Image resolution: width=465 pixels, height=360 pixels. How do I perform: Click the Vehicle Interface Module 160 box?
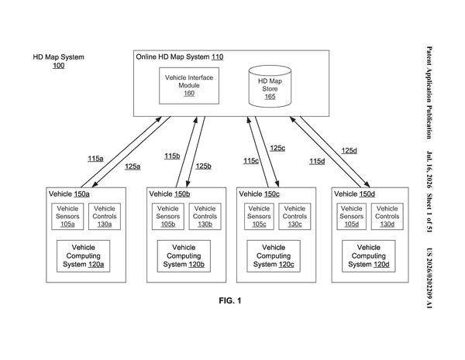coord(189,86)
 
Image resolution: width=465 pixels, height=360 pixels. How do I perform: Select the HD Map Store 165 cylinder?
coord(270,86)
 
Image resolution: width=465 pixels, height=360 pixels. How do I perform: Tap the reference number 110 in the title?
coord(217,57)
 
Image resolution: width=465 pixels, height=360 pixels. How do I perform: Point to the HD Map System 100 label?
coord(58,61)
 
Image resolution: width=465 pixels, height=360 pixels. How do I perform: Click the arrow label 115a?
coord(95,159)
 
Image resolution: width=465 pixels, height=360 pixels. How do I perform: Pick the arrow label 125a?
coord(133,166)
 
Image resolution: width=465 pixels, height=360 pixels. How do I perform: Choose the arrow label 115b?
coord(172,156)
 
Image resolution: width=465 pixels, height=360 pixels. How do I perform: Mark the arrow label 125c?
coord(277,148)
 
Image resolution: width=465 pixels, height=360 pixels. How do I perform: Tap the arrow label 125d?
coord(349,150)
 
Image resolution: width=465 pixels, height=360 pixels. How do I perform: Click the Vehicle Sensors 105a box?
coord(67,216)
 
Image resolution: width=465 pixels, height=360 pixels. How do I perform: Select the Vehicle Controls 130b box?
coord(205,216)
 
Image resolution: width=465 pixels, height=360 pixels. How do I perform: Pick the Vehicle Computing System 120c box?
coord(274,256)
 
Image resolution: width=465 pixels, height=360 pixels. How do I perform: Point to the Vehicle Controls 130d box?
coord(387,216)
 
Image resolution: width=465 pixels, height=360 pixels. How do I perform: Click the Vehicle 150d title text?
coord(354,194)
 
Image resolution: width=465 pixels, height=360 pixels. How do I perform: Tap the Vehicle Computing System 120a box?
coord(84,256)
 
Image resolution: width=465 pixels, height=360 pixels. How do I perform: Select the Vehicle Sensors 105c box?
coord(259,216)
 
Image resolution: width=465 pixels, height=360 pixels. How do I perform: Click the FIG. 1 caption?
coord(230,300)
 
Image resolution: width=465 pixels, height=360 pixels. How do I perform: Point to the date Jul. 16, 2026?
coord(429,170)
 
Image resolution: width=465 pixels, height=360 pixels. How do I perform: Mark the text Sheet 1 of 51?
coord(429,213)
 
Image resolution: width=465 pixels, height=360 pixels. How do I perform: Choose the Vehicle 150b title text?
coord(170,194)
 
